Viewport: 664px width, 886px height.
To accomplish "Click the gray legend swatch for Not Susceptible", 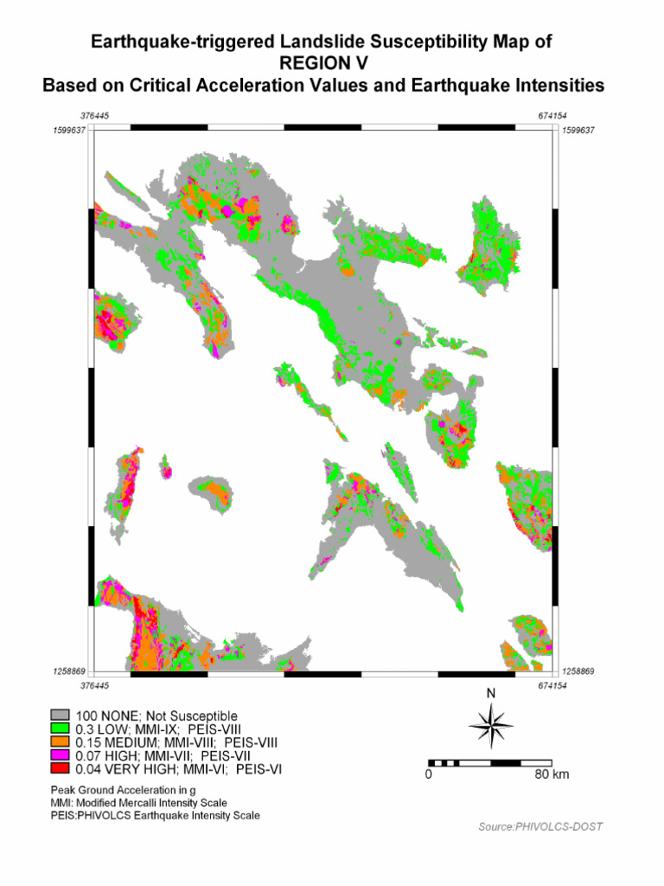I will [60, 716].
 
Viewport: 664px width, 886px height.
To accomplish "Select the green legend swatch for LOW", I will [60, 729].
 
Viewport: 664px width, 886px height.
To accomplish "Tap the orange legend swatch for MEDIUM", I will [60, 742].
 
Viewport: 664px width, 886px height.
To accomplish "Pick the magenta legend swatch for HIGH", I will [60, 755].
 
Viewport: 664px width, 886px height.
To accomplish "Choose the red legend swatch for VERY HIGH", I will [60, 768].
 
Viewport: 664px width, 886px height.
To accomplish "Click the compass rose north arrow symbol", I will [491, 725].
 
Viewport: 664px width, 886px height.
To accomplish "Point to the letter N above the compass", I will [491, 693].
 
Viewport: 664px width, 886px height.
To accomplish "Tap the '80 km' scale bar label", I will [552, 774].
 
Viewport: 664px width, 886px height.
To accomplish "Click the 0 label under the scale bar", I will [428, 774].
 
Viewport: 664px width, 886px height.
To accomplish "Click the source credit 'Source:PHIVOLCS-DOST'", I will [540, 826].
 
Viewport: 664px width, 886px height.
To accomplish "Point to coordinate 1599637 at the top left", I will [70, 130].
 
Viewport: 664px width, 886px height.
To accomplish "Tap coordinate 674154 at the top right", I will [550, 116].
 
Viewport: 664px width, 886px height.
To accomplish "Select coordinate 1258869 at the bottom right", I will [578, 671].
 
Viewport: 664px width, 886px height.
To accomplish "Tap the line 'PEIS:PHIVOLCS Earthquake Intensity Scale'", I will [155, 816].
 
